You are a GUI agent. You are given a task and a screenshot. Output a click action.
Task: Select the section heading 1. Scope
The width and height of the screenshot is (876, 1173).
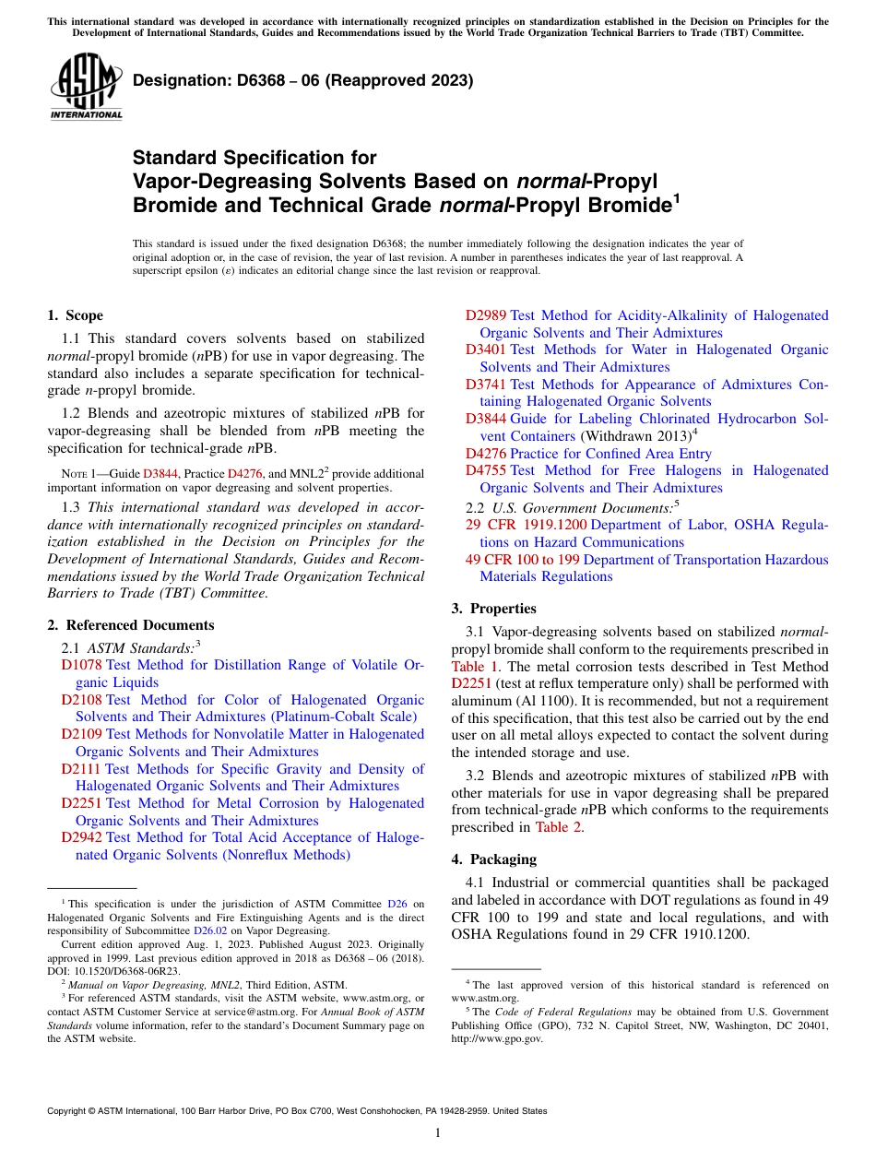(x=76, y=315)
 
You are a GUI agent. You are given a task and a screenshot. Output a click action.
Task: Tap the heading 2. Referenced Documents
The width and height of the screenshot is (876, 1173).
(x=131, y=625)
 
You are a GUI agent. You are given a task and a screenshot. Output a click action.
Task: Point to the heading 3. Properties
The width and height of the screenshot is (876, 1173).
(x=493, y=608)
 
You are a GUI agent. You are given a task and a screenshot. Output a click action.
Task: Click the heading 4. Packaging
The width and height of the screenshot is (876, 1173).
(x=493, y=859)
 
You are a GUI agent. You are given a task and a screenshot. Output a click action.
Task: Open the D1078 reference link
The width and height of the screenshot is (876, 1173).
(x=81, y=665)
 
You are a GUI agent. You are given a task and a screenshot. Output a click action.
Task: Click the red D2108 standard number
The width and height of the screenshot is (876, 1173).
(x=81, y=700)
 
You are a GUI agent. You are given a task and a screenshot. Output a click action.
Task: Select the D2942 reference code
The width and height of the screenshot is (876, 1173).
(x=81, y=837)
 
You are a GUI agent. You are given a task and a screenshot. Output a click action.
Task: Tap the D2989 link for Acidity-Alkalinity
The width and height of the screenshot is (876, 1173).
(x=486, y=315)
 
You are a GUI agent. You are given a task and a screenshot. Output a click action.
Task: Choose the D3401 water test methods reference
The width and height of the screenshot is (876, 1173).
(x=486, y=350)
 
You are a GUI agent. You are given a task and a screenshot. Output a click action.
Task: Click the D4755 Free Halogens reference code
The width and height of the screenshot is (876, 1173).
(x=486, y=470)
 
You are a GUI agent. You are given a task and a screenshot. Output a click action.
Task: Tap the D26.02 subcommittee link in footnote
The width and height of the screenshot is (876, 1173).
(x=210, y=931)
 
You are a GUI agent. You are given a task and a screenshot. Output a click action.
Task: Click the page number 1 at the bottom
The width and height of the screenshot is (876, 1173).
(x=438, y=1133)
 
